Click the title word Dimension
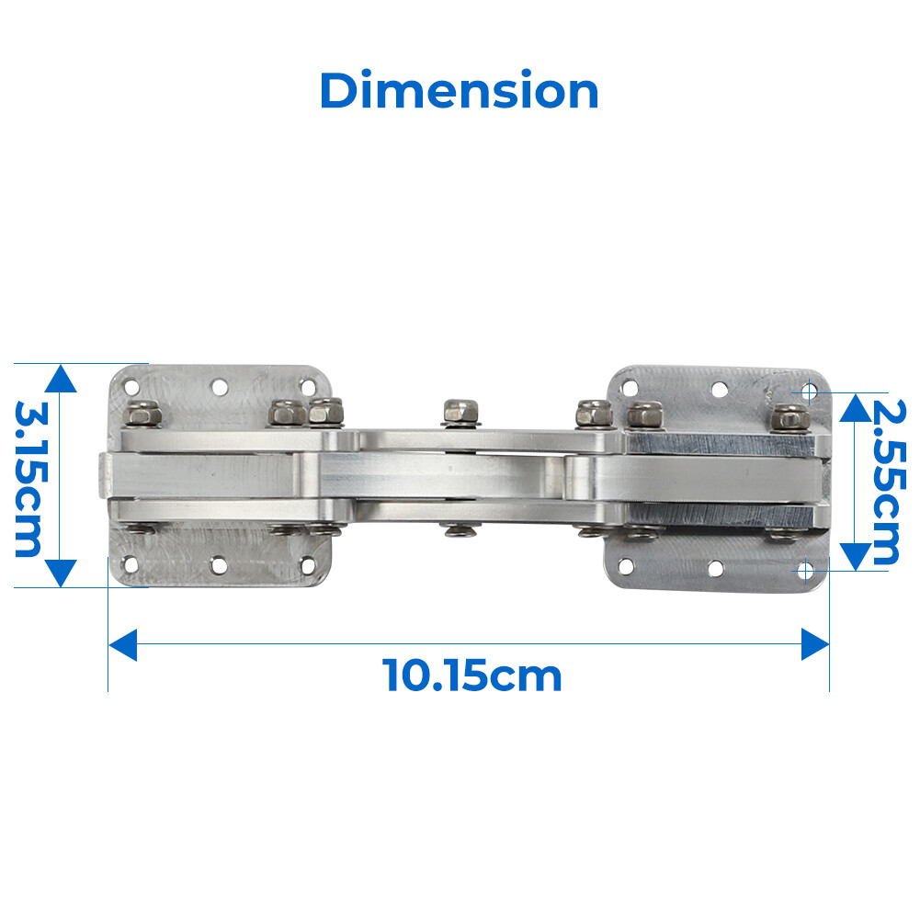pyautogui.click(x=459, y=92)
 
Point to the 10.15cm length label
pyautogui.click(x=471, y=676)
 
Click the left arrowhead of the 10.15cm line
pyautogui.click(x=122, y=644)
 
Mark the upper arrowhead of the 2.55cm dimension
pyautogui.click(x=855, y=406)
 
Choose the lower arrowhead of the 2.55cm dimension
pyautogui.click(x=855, y=555)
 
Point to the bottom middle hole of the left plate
pyautogui.click(x=219, y=564)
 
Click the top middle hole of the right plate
pyautogui.click(x=718, y=390)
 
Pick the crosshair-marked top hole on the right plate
pyautogui.click(x=808, y=392)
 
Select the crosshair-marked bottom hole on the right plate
pyautogui.click(x=805, y=571)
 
